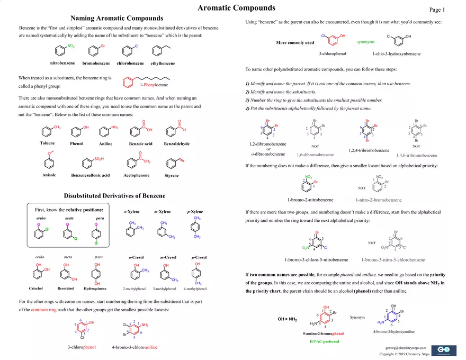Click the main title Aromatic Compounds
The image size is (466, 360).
coord(236,8)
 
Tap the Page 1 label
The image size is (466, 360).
coord(437,10)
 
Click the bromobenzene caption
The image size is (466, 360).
coord(96,64)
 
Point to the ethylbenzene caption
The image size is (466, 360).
coord(163,64)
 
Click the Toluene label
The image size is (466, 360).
coord(47,143)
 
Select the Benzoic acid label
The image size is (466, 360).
coord(140,144)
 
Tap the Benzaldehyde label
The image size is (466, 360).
coord(177,144)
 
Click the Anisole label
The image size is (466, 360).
coord(49,175)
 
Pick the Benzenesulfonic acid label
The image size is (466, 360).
coord(90,175)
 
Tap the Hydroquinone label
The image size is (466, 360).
coord(95,289)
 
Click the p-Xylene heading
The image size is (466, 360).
coord(195,212)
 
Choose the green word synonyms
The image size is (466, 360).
coord(365,42)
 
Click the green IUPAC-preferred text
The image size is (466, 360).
coord(324,341)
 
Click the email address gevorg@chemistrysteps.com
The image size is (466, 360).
coord(406,347)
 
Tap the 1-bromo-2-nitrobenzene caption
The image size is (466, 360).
coord(310,200)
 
